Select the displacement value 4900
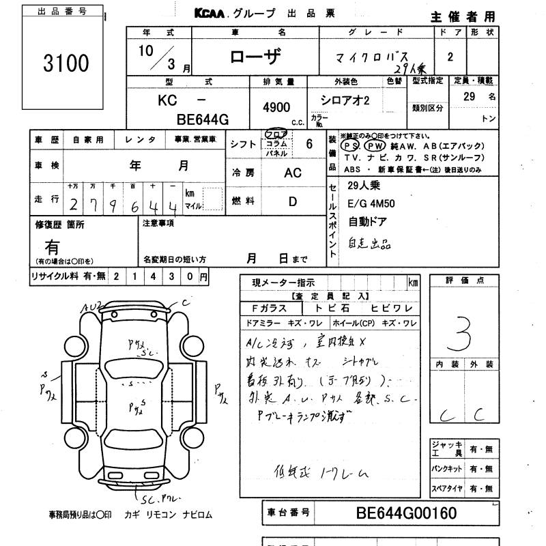point(276,107)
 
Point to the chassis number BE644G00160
point(397,513)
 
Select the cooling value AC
point(292,173)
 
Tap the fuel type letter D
point(293,201)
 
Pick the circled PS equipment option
point(351,146)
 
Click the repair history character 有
point(52,246)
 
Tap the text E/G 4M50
point(371,203)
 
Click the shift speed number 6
point(309,143)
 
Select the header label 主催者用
point(463,16)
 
